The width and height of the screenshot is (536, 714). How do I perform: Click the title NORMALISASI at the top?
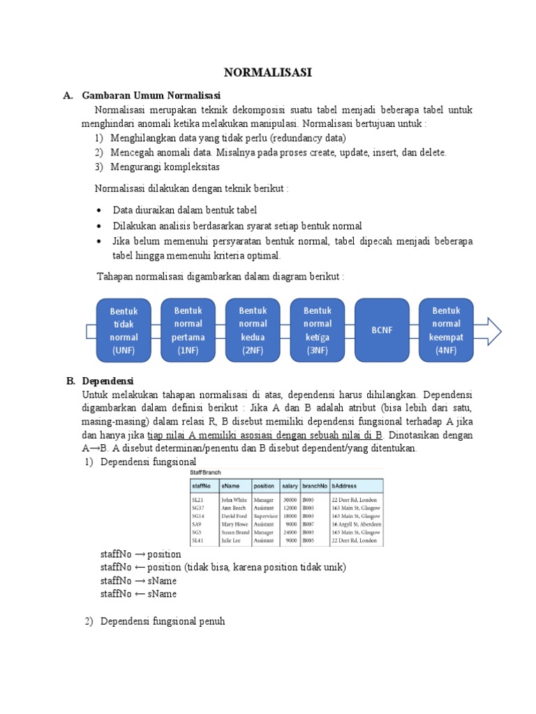tap(268, 73)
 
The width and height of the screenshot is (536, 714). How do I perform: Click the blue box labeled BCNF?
tap(382, 330)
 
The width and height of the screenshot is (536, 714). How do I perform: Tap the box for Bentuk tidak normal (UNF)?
tap(123, 331)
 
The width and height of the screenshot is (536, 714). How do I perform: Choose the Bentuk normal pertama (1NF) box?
tap(188, 330)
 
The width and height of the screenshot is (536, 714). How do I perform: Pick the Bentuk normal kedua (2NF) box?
tap(253, 330)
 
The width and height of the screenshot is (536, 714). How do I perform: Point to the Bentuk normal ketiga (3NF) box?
tap(318, 330)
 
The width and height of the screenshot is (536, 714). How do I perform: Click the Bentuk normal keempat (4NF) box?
tap(446, 330)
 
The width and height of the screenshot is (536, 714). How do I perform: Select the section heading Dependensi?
tap(107, 381)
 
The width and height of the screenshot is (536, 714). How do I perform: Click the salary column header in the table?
tap(290, 485)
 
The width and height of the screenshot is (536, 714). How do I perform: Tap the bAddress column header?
tap(347, 485)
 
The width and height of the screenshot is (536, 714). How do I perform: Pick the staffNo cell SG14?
tap(198, 515)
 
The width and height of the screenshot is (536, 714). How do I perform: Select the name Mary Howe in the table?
tap(234, 524)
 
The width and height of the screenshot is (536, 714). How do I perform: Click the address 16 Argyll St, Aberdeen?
tap(356, 524)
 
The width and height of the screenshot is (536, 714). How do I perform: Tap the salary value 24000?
tap(290, 532)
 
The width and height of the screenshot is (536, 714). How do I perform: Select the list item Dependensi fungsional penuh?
tap(163, 621)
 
